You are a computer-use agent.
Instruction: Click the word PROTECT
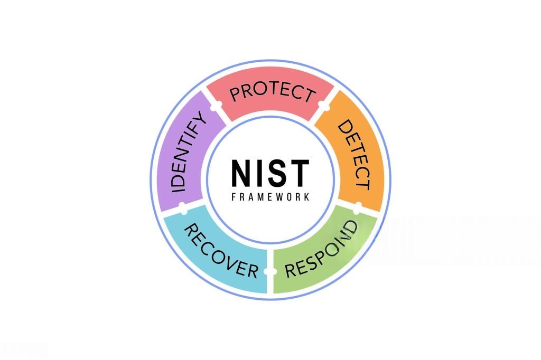click(273, 92)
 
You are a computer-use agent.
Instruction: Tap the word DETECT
click(354, 155)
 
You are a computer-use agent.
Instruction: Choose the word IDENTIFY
click(189, 152)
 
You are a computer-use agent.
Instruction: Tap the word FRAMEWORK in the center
click(270, 197)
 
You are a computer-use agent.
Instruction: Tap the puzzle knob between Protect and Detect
click(323, 104)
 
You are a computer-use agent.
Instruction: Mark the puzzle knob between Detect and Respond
click(358, 207)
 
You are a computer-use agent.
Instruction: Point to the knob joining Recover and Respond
click(270, 271)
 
